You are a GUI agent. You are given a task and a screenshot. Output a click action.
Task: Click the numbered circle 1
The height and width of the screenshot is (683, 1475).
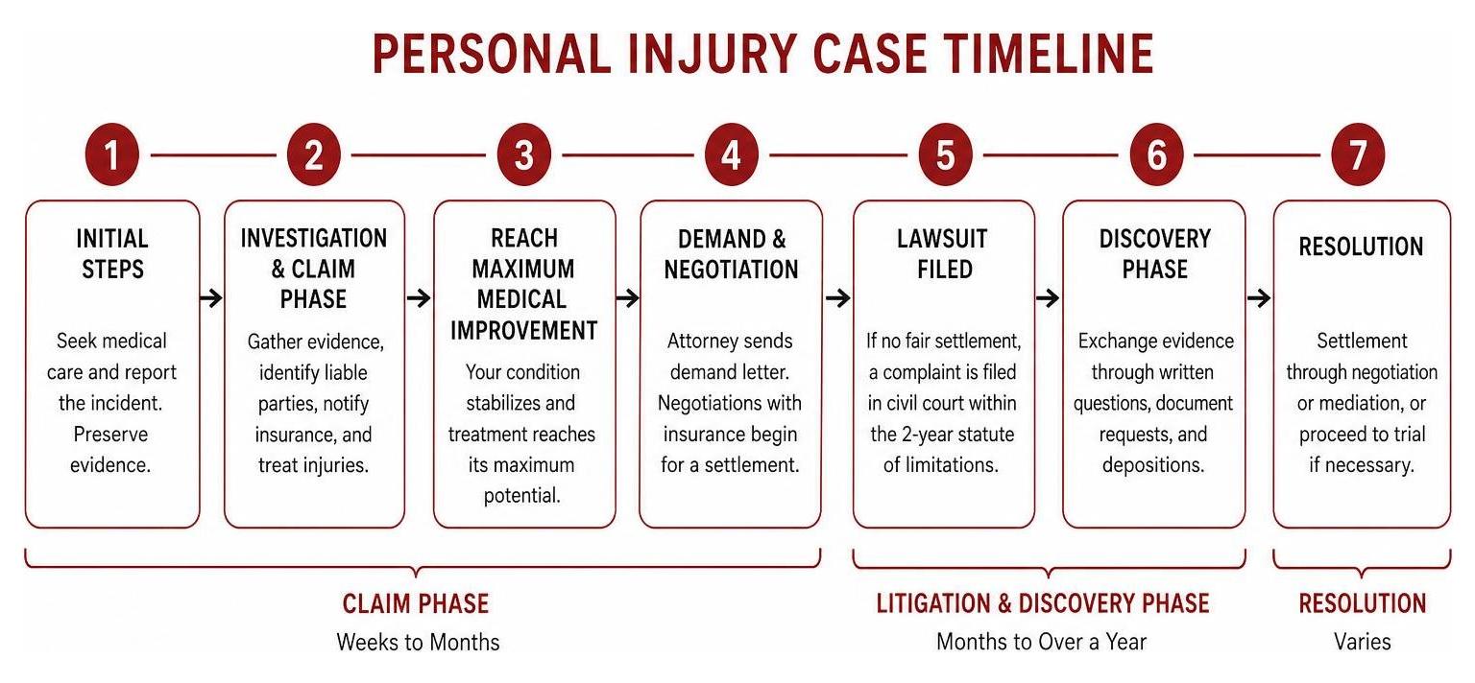pyautogui.click(x=112, y=154)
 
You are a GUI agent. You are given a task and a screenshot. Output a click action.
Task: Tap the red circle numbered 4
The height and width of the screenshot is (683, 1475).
pyautogui.click(x=731, y=154)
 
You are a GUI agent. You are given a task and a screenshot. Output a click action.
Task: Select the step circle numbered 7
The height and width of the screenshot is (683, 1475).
pyautogui.click(x=1358, y=154)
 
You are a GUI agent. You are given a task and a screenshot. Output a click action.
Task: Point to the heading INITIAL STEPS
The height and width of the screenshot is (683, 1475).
pyautogui.click(x=112, y=253)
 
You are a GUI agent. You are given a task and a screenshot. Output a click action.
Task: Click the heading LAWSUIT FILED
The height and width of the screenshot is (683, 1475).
pyautogui.click(x=943, y=253)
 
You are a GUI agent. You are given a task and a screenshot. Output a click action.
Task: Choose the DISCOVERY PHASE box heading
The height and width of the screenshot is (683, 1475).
pyautogui.click(x=1154, y=253)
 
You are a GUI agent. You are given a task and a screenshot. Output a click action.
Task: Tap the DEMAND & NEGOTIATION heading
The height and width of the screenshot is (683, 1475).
pyautogui.click(x=731, y=253)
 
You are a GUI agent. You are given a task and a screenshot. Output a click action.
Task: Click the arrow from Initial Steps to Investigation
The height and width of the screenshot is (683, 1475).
pyautogui.click(x=211, y=298)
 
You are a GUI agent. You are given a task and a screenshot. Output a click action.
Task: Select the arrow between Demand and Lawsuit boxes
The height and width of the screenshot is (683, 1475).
pyautogui.click(x=837, y=298)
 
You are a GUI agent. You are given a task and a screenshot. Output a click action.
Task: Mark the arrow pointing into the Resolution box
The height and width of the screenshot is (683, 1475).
pyautogui.click(x=1259, y=298)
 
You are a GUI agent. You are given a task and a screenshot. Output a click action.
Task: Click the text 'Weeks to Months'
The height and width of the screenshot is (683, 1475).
pyautogui.click(x=418, y=642)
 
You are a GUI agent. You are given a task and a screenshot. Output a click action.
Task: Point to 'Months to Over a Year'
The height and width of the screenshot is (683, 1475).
pyautogui.click(x=1042, y=642)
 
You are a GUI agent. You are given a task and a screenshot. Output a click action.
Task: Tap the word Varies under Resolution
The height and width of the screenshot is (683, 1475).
pyautogui.click(x=1363, y=642)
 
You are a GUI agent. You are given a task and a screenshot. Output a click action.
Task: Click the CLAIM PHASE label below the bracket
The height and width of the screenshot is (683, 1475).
pyautogui.click(x=416, y=603)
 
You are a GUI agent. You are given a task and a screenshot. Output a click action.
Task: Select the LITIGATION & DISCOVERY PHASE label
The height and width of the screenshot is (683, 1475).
pyautogui.click(x=1042, y=603)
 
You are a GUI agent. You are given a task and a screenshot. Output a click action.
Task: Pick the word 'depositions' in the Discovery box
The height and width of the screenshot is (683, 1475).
pyautogui.click(x=1153, y=465)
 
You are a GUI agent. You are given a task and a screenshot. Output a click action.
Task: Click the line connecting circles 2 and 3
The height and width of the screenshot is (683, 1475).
pyautogui.click(x=418, y=155)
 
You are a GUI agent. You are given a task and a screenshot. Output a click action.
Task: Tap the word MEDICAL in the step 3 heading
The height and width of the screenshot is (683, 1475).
pyautogui.click(x=521, y=299)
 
